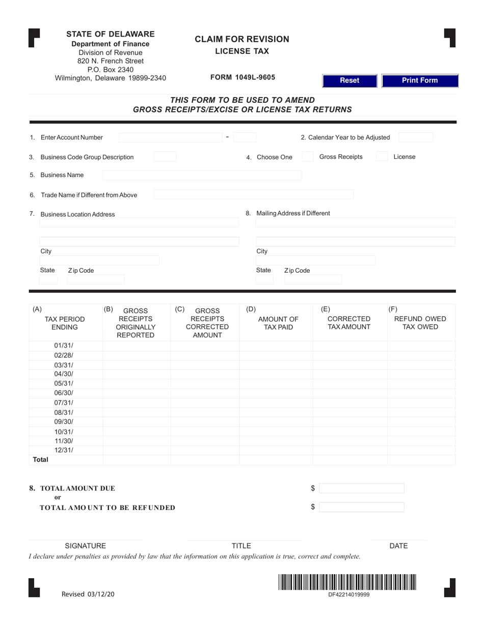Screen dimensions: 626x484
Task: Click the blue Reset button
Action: point(349,80)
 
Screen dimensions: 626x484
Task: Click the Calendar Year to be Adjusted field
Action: point(415,137)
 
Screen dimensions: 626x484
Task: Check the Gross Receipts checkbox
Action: point(307,157)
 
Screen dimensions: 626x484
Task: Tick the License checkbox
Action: point(382,157)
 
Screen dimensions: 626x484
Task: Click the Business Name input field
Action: point(202,175)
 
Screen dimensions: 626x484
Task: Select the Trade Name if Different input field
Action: point(253,194)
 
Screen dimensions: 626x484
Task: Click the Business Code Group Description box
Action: point(165,157)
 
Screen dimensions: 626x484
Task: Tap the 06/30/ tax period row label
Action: point(64,393)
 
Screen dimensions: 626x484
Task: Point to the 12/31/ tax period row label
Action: point(64,450)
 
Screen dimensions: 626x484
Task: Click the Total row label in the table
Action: point(41,460)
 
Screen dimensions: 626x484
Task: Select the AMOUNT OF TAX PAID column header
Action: point(278,323)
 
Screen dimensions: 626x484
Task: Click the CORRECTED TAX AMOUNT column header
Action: point(349,323)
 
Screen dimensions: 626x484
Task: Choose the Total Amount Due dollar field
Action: point(362,489)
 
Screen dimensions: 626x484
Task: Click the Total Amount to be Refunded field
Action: point(362,507)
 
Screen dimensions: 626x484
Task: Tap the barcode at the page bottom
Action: point(347,582)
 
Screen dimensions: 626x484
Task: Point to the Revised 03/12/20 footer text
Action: point(88,594)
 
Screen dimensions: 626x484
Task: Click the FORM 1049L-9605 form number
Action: point(243,77)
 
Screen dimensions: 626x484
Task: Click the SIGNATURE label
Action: point(85,546)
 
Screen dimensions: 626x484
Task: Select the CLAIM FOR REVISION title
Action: point(242,39)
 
